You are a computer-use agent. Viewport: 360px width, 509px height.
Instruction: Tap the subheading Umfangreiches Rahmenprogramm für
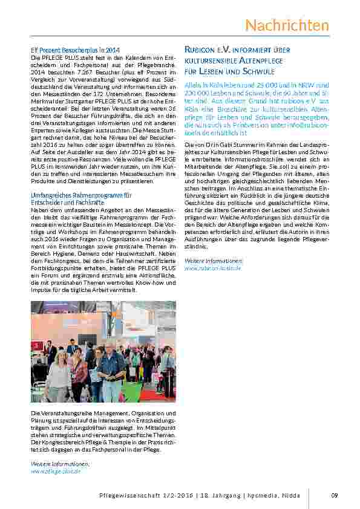[81, 195]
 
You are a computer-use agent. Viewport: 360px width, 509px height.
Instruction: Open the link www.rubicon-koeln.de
[212, 267]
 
